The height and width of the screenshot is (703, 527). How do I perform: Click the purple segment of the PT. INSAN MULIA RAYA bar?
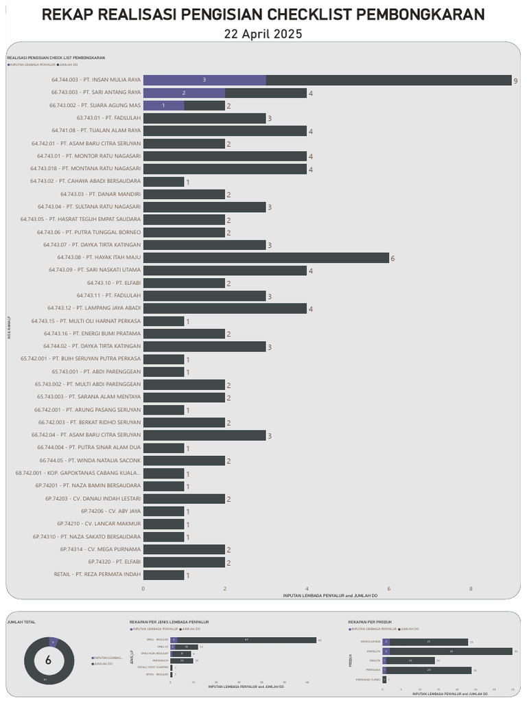(204, 80)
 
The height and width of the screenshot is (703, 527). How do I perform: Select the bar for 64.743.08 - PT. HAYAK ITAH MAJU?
(266, 257)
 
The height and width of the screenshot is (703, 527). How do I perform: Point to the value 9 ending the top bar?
(515, 81)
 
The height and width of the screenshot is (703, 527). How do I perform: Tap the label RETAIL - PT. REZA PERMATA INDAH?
(97, 575)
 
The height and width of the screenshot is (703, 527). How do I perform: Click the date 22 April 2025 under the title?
(263, 34)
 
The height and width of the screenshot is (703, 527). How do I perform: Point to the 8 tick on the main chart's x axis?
(471, 589)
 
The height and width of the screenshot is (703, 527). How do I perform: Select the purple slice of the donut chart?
(54, 642)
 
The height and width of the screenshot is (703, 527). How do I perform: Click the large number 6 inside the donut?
(48, 661)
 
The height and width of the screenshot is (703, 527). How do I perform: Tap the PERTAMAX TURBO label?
(368, 679)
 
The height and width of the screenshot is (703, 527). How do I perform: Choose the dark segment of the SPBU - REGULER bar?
(246, 640)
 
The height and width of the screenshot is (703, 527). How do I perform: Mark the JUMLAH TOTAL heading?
(21, 622)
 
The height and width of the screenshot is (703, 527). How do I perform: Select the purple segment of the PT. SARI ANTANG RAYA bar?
(184, 93)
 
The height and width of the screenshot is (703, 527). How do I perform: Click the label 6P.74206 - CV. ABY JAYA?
(110, 511)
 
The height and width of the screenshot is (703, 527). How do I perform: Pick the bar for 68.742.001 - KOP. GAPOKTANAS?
(163, 474)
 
